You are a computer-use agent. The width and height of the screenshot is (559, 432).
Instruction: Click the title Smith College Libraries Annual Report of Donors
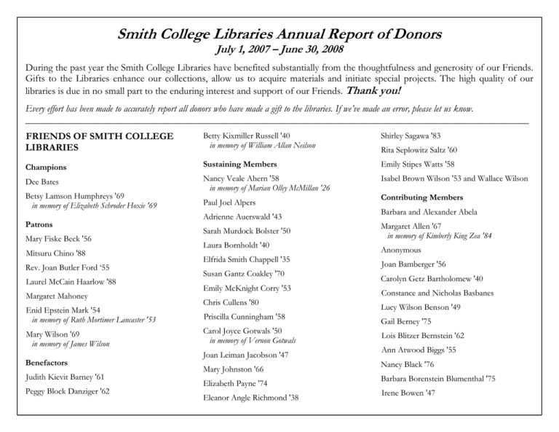279,34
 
